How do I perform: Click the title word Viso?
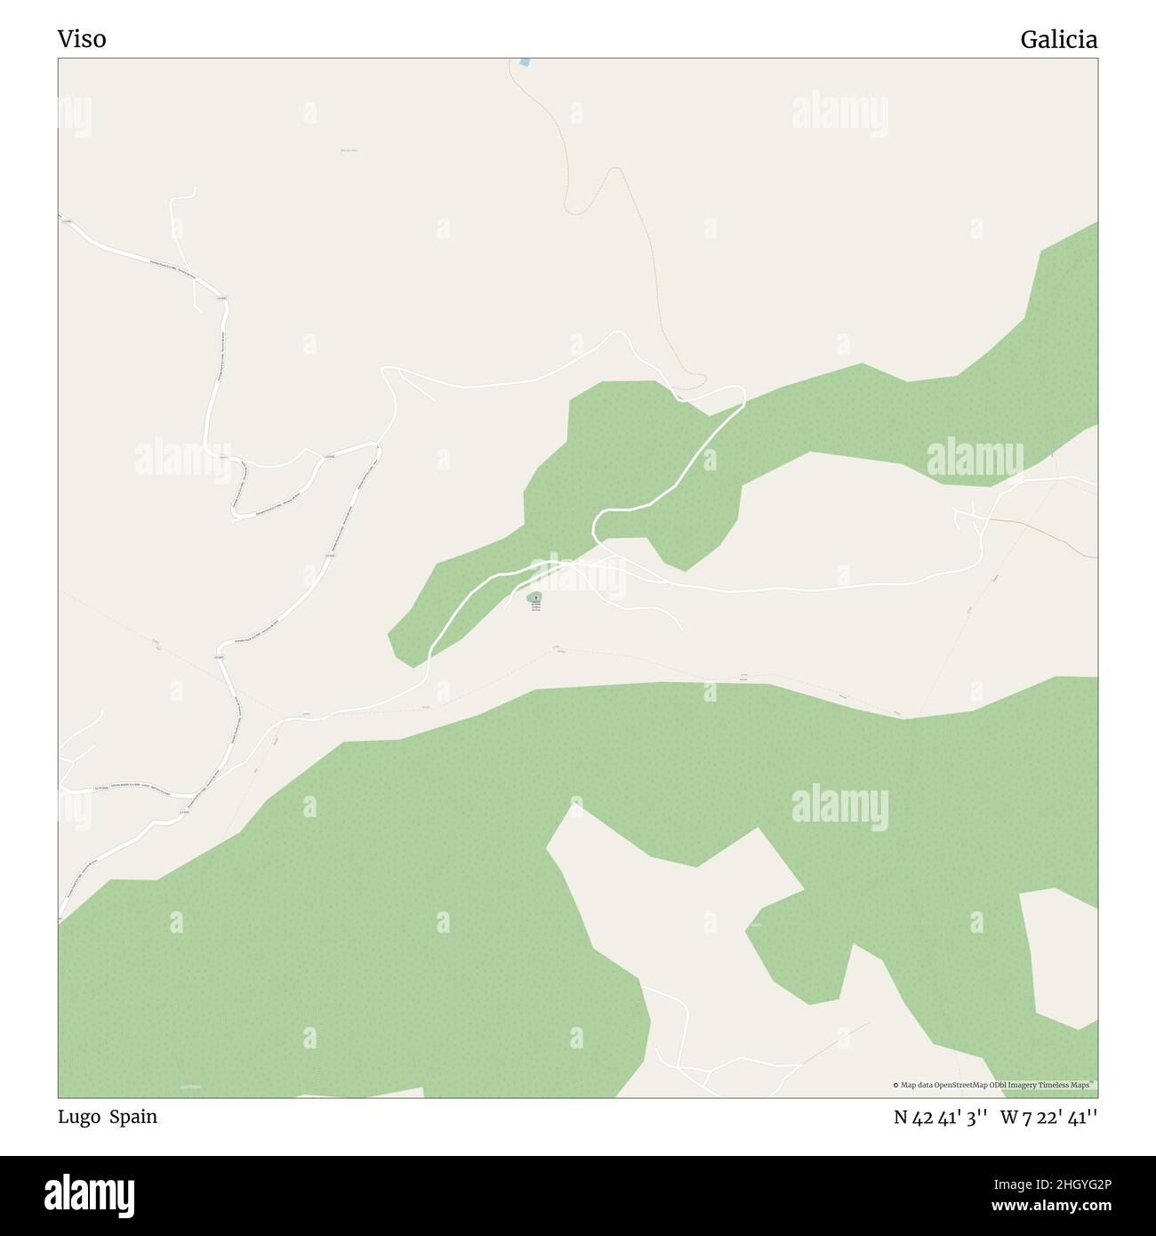(82, 39)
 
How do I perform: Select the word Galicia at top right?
(1058, 39)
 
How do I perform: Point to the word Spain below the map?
(133, 1117)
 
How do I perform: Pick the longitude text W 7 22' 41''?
(1048, 1118)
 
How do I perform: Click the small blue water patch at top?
(525, 62)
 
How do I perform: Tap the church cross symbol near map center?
(535, 598)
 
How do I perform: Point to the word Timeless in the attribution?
(1056, 1085)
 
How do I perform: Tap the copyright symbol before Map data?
(895, 1085)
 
